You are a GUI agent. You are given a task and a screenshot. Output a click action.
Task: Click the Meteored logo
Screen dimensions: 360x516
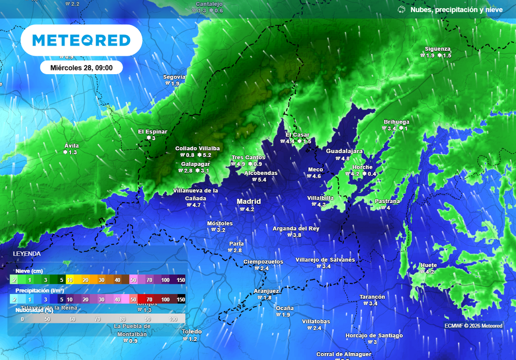(81, 40)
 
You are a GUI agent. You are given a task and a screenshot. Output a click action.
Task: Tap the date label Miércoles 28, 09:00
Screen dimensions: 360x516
(81, 68)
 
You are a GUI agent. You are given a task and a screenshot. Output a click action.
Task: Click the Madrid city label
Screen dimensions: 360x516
(249, 201)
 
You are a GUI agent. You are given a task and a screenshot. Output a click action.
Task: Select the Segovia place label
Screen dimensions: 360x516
(174, 77)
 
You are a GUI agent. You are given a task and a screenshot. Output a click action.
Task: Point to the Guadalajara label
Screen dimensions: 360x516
(345, 151)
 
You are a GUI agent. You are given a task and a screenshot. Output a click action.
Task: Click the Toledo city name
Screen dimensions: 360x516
(192, 332)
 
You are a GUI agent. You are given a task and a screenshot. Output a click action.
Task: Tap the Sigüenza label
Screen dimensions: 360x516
(437, 49)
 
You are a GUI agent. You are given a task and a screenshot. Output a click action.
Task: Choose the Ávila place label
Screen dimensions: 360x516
(72, 146)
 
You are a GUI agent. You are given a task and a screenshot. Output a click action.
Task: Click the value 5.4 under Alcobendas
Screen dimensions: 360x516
(262, 180)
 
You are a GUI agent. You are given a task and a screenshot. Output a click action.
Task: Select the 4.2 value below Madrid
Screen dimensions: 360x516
(249, 209)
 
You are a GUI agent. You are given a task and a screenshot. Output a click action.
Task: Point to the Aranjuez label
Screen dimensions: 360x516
(266, 291)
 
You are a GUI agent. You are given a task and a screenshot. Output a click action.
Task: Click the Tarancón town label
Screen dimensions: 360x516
(372, 297)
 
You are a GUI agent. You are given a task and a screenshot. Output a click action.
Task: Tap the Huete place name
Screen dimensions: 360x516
(429, 265)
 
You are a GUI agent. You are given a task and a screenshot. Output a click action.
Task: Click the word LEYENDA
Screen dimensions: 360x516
(27, 253)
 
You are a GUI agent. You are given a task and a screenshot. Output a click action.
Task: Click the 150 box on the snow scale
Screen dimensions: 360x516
(180, 280)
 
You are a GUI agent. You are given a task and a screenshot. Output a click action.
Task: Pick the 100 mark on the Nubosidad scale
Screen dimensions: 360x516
(173, 320)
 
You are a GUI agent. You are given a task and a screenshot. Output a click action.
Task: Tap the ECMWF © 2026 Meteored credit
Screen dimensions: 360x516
(473, 326)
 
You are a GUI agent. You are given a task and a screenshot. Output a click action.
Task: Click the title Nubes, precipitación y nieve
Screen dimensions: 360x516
(456, 10)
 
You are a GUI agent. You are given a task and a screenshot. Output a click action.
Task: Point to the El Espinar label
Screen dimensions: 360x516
(153, 132)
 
